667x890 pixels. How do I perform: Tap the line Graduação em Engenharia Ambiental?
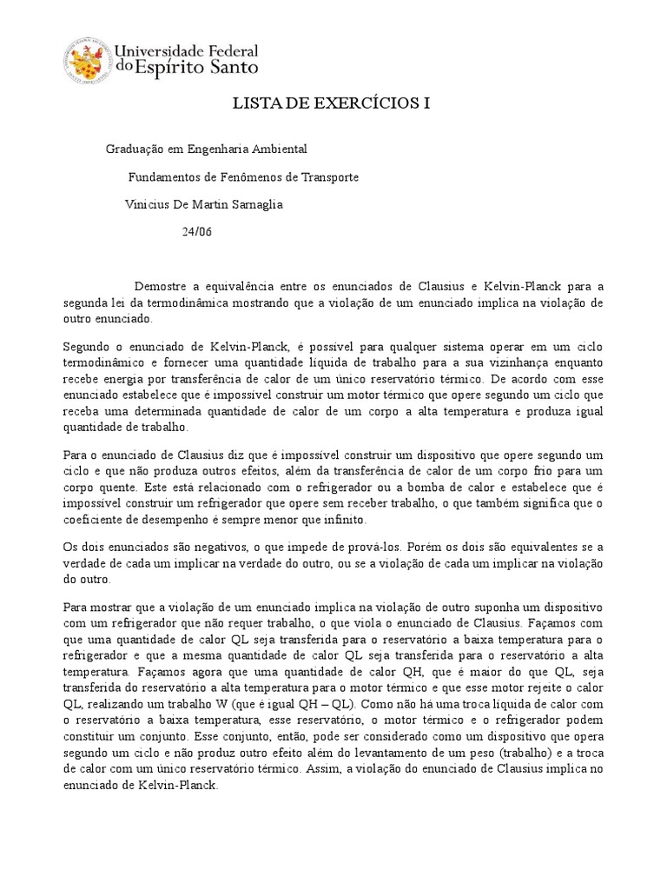click(206, 149)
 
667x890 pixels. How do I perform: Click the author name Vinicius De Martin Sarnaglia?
click(204, 205)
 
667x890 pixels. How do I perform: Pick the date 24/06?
click(197, 232)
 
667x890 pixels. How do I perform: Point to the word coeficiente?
click(94, 520)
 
